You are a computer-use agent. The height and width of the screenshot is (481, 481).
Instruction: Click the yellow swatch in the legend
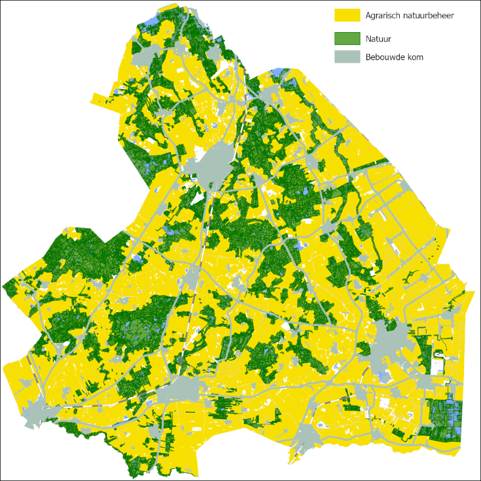click(x=347, y=15)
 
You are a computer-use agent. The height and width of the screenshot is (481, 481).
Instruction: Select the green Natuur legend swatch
click(x=347, y=39)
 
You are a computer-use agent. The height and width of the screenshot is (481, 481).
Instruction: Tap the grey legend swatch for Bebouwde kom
click(x=347, y=57)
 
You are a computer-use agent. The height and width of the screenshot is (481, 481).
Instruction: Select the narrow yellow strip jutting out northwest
click(x=105, y=99)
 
